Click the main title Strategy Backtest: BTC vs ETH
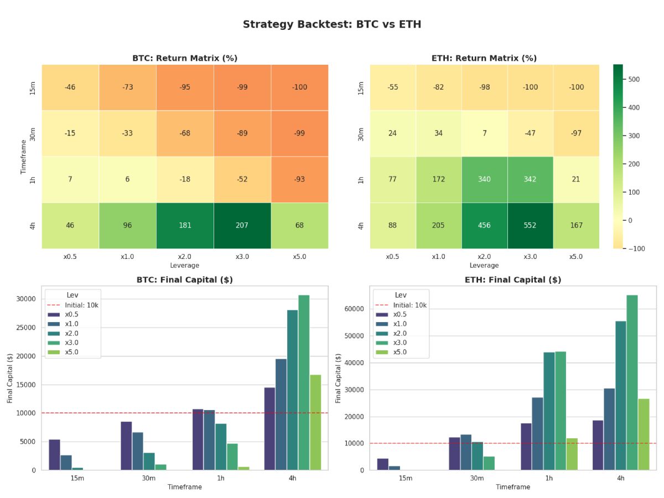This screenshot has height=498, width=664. coord(332,24)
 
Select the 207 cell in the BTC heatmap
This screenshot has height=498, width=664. coord(242,225)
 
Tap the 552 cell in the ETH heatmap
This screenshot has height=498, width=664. coord(530,225)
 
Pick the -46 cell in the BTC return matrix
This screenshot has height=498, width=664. coord(70,87)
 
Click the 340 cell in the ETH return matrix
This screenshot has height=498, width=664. coord(484,179)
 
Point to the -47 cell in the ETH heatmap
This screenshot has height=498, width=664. coord(530,133)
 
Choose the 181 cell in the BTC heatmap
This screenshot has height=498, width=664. coord(185,225)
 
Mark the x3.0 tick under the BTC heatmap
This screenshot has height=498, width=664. coord(242,257)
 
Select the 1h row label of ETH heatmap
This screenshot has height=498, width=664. coord(361,179)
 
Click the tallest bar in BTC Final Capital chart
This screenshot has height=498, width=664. coord(304,382)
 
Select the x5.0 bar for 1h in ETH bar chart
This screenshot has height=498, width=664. coord(572,454)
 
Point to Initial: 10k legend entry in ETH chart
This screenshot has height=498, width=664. coord(409,305)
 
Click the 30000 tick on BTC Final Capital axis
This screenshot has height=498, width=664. coord(27,299)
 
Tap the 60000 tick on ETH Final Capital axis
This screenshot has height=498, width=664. coord(355,309)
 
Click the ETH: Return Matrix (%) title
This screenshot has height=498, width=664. coord(484,58)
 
